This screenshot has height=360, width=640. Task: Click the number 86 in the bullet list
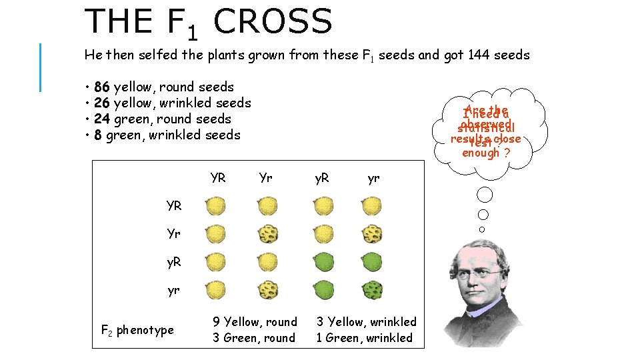103,87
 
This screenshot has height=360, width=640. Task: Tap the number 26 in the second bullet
103,103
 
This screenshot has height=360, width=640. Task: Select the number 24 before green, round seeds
103,119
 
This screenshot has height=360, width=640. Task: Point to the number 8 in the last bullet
98,135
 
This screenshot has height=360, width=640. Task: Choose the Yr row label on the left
174,234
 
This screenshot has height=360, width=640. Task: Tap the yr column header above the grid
373,179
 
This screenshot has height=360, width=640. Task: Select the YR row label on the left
174,205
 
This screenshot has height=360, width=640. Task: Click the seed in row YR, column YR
216,206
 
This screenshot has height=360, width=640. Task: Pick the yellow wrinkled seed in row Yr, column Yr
268,234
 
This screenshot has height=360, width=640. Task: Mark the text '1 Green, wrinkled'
364,337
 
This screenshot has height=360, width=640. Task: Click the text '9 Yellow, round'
255,322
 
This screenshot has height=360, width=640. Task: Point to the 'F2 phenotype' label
137,330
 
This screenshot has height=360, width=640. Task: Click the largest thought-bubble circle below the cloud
485,195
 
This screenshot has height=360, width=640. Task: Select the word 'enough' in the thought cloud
481,153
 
